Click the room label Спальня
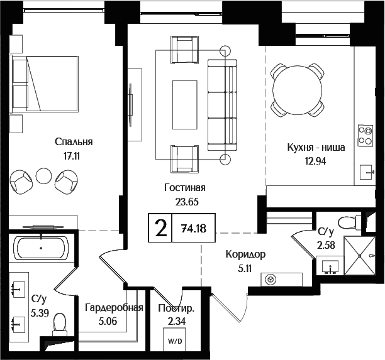74,141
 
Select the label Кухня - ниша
315,148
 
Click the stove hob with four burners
365,134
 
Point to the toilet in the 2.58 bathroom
347,222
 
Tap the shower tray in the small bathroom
360,254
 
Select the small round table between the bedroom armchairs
43,176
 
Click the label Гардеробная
114,308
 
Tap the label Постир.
176,308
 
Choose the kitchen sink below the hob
365,170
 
